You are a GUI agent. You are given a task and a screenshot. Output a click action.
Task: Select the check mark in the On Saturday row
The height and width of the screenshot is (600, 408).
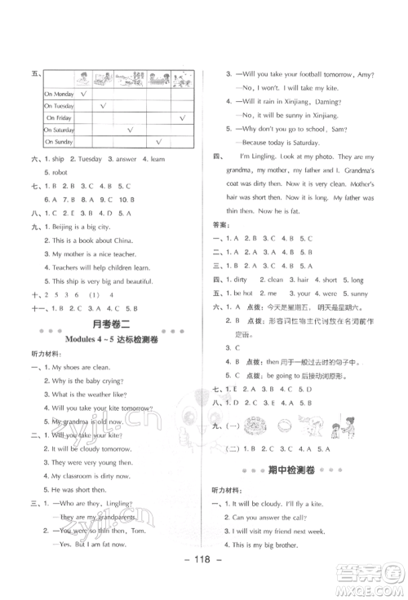tap(130, 130)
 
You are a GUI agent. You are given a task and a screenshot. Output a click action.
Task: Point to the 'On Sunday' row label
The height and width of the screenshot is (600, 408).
tap(59, 141)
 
